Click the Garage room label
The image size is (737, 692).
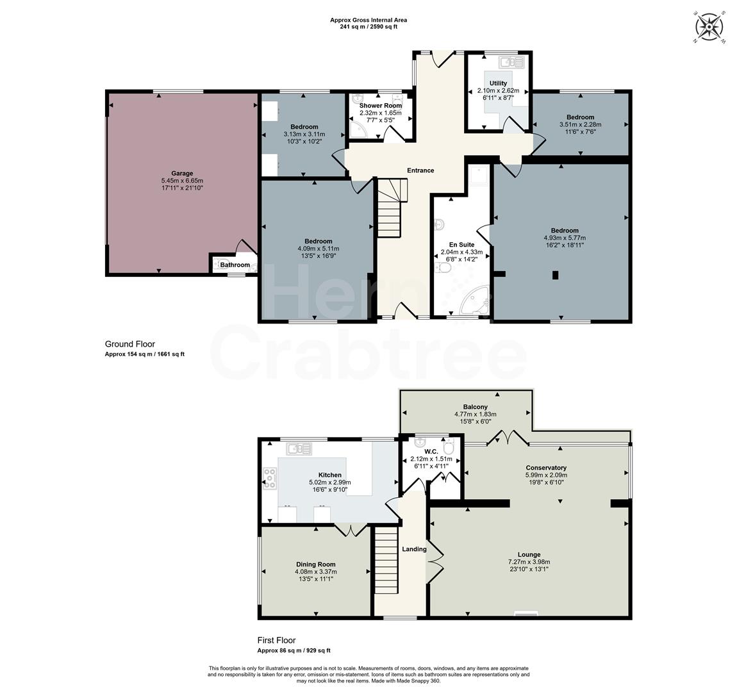182,173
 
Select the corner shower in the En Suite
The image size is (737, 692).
477,302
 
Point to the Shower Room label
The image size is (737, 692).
381,105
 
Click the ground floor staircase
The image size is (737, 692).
390,208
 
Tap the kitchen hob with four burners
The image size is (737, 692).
270,479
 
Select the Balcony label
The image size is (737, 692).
476,407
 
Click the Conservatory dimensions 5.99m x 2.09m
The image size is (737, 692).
546,475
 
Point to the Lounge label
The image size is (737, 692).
529,555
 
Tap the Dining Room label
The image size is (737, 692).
316,564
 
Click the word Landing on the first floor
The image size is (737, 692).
414,549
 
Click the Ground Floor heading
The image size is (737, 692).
130,344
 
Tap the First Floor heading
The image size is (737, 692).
276,640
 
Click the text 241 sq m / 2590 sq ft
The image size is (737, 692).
369,28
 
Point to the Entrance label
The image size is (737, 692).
420,170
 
